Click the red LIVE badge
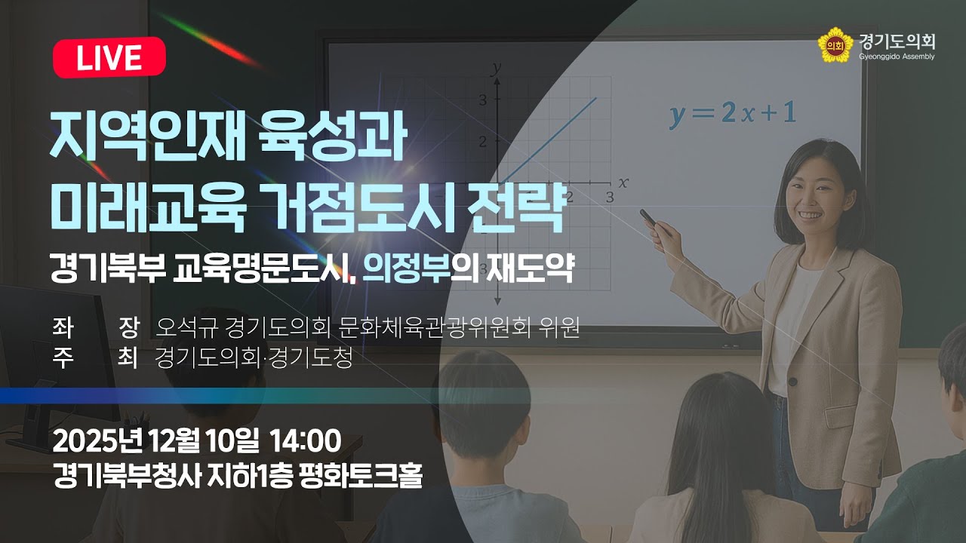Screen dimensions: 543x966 pyautogui.click(x=109, y=57)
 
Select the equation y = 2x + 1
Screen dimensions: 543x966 pyautogui.click(x=732, y=113)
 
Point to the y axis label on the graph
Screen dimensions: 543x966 pyautogui.click(x=496, y=68)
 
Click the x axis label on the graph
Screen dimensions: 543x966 pyautogui.click(x=623, y=182)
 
